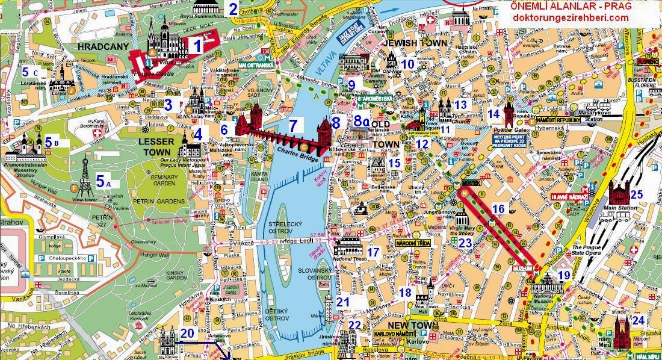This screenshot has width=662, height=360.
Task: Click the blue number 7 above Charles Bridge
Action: pyautogui.click(x=293, y=126)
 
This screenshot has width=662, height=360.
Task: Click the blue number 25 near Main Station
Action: pyautogui.click(x=637, y=194)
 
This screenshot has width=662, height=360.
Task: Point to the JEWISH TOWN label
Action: pyautogui.click(x=415, y=45)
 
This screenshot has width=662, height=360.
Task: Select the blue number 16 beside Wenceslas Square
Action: pyautogui.click(x=498, y=209)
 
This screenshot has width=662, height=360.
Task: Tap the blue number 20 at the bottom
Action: pyautogui.click(x=187, y=333)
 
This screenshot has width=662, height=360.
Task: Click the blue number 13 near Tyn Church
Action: pyautogui.click(x=460, y=105)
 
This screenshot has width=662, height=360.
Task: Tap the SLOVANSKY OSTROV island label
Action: pyautogui.click(x=315, y=274)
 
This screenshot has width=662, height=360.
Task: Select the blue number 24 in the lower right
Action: pyautogui.click(x=638, y=320)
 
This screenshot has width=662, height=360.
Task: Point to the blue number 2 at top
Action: pyautogui.click(x=233, y=9)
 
